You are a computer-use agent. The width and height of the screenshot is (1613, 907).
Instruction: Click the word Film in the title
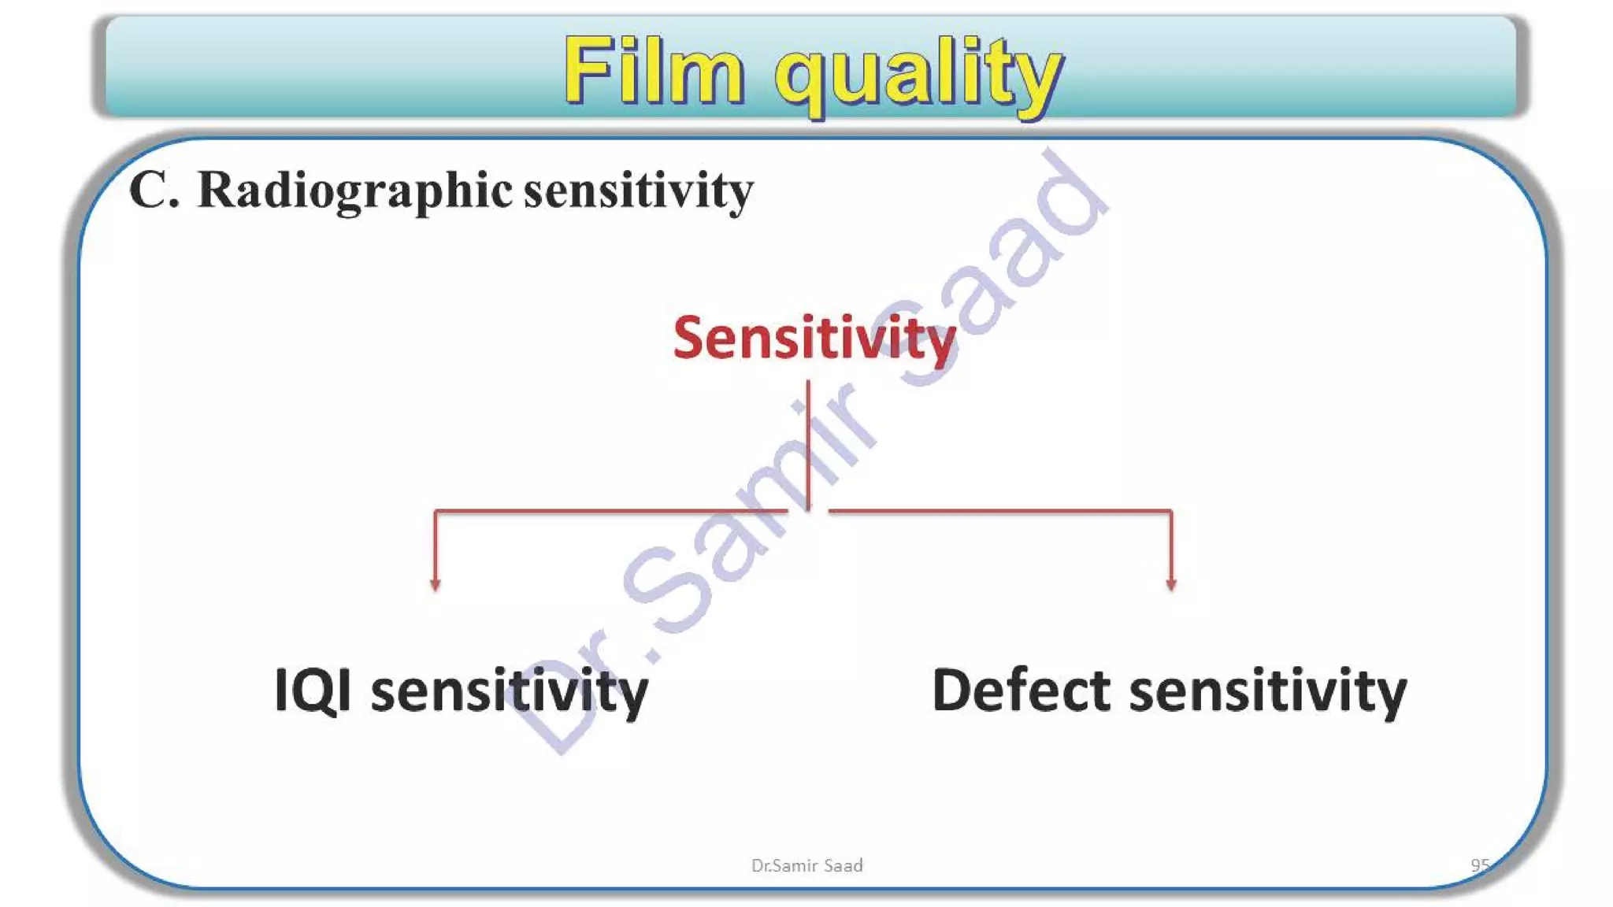[654, 71]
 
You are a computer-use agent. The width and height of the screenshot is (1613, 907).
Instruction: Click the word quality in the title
[918, 75]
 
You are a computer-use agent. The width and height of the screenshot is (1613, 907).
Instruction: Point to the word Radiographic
[354, 191]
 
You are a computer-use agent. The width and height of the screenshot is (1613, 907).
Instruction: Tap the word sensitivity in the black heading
[638, 191]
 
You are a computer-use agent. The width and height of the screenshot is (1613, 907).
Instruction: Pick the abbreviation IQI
[313, 690]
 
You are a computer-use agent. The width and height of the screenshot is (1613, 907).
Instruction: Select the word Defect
[1021, 690]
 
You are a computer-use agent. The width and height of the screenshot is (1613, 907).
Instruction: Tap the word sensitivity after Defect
[1268, 690]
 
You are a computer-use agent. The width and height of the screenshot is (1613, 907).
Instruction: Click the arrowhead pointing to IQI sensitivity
[436, 583]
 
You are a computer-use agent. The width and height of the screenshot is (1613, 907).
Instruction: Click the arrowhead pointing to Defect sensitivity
[1171, 583]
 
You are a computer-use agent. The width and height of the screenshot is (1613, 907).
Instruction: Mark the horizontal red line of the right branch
[1000, 511]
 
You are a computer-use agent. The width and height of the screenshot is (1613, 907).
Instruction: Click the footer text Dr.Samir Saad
[806, 865]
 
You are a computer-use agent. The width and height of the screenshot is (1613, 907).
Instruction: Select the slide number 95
[1480, 864]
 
